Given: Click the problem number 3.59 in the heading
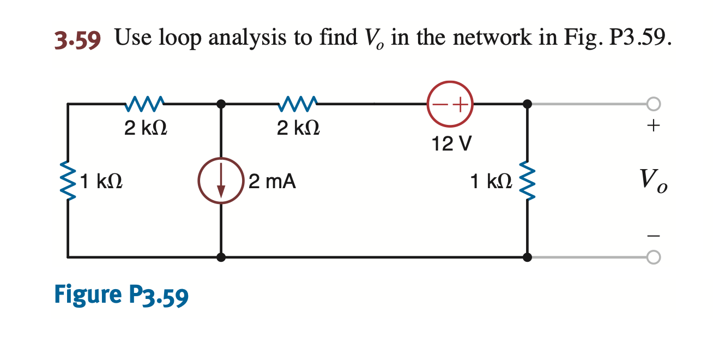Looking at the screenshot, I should (77, 39).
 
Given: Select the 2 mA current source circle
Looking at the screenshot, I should (221, 180).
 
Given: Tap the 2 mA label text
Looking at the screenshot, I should (272, 181).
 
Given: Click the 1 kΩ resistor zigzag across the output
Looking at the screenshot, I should (527, 180).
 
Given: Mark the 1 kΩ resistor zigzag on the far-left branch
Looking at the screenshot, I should (68, 180).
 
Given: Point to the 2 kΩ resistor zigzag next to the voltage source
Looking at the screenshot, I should (298, 103).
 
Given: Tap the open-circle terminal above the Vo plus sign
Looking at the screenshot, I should (654, 104).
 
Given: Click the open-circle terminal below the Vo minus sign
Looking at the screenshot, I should (654, 256).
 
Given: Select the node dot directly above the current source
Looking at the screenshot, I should (221, 104).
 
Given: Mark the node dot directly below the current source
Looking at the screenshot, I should (221, 256).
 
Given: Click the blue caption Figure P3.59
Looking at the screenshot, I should (121, 295).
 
